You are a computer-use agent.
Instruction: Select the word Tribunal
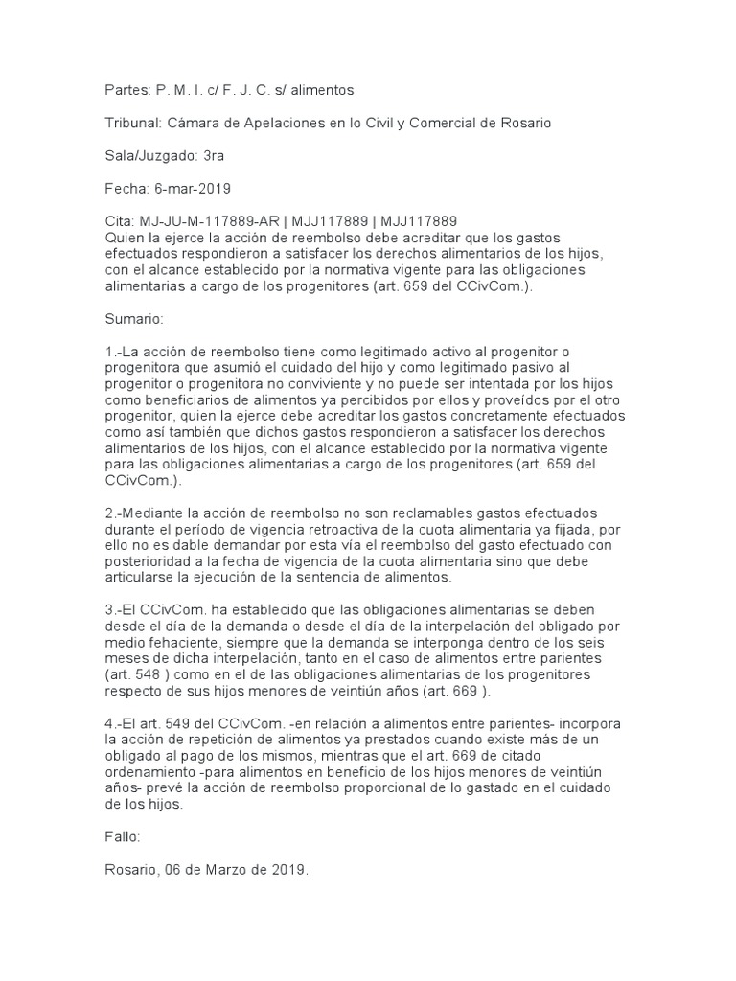pos(133,123)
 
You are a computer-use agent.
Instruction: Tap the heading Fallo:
pos(123,836)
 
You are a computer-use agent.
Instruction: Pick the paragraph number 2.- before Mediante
pos(113,513)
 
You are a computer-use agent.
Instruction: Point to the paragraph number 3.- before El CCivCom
pos(113,610)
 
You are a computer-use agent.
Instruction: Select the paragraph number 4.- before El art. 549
pos(113,723)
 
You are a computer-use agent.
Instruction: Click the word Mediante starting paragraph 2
pos(153,513)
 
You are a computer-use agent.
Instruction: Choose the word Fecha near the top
pos(126,188)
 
